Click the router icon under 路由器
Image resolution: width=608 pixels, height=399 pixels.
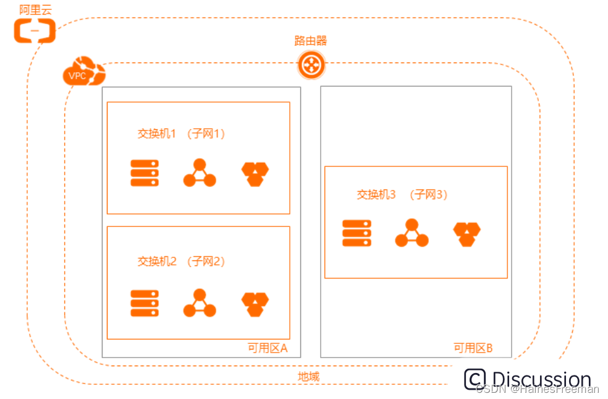[311, 65]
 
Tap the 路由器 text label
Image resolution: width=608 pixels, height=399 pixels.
[310, 41]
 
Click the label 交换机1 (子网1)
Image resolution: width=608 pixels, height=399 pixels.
[180, 134]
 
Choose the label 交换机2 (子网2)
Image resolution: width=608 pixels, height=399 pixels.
[180, 262]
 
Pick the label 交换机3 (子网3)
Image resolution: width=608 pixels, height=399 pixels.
[402, 194]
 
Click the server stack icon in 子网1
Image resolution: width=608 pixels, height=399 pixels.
[145, 173]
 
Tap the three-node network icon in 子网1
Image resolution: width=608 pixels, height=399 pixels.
[200, 173]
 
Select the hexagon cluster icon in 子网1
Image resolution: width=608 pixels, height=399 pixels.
[255, 174]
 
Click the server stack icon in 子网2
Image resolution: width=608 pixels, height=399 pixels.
[145, 303]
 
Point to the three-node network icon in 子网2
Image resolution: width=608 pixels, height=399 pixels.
[200, 303]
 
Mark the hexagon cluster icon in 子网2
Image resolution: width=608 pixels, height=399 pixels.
[255, 304]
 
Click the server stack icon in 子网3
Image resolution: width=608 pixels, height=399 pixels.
[357, 233]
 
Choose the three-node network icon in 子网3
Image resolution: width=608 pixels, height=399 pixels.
[412, 233]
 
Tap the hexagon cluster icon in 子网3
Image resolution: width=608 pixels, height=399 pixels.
[467, 234]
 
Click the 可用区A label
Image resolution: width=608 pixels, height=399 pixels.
[268, 348]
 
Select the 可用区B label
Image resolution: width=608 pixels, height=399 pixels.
[473, 348]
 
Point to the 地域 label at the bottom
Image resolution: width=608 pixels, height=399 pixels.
[308, 376]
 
